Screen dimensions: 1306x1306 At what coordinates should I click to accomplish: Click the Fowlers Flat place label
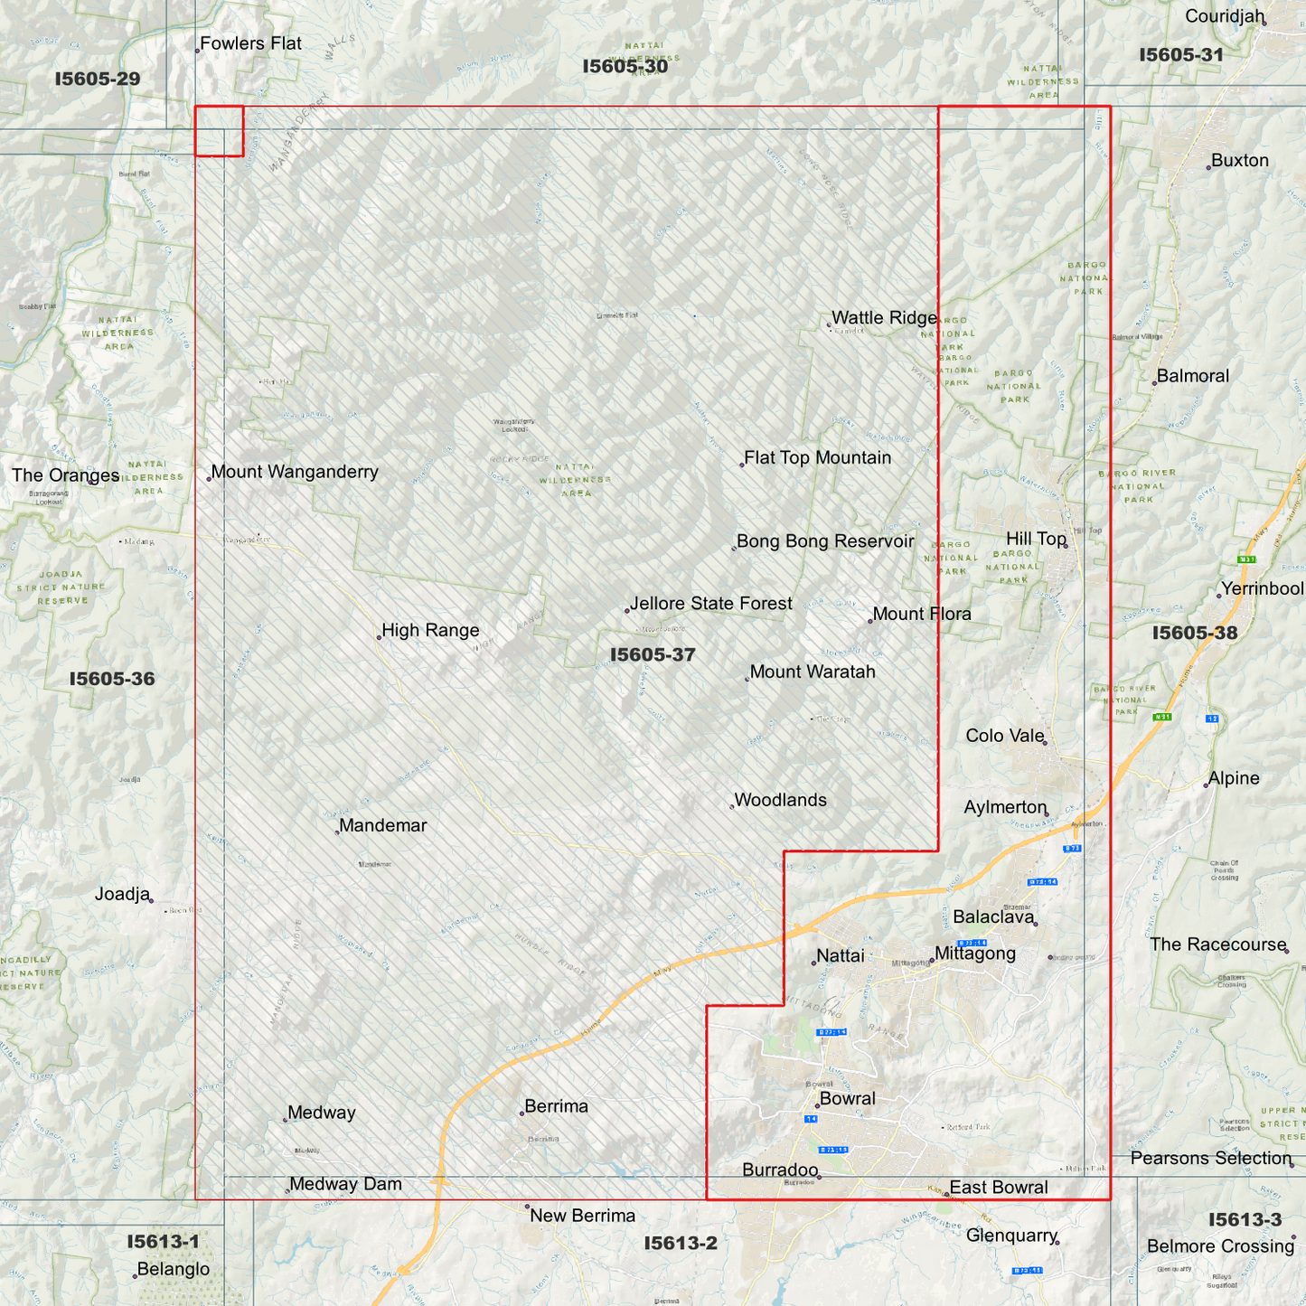coord(250,43)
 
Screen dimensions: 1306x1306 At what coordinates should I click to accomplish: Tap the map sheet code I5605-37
coord(653,654)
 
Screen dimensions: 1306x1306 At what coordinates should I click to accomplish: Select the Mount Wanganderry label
coord(295,472)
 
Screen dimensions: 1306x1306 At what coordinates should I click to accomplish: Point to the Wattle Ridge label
coord(884,317)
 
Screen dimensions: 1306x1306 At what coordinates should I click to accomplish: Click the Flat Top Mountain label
coord(817,458)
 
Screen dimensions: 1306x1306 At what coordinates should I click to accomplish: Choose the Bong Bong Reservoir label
coord(825,541)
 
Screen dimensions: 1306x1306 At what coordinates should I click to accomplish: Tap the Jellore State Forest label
coord(711,604)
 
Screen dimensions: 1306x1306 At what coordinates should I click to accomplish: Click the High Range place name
coord(430,631)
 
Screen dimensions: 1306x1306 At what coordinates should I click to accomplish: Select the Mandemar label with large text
coord(383,825)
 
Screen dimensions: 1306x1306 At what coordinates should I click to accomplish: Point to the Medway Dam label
coord(345,1184)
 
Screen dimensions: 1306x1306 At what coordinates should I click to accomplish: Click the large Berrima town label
coord(556,1106)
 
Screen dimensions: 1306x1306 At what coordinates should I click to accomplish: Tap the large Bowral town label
coord(847,1099)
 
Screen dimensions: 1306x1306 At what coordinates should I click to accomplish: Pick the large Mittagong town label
coord(975,954)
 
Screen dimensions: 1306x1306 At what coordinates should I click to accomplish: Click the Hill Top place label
coord(1037,540)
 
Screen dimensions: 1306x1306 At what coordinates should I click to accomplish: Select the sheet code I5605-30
coord(625,66)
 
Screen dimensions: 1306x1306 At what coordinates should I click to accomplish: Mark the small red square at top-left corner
coord(220,131)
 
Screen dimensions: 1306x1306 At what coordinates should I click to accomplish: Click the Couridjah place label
coord(1225,16)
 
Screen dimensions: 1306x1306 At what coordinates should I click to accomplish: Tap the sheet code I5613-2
coord(681,1244)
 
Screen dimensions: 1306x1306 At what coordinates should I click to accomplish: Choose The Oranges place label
coord(65,475)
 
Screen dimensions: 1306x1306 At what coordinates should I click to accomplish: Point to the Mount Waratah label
coord(813,672)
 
